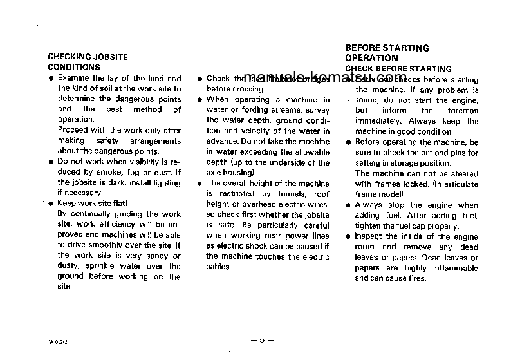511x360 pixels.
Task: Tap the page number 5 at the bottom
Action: (x=262, y=340)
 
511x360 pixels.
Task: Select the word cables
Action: (x=218, y=267)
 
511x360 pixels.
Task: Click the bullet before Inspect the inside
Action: (x=349, y=237)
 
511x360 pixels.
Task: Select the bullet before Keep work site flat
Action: (x=51, y=204)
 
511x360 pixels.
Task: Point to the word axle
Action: (x=215, y=173)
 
